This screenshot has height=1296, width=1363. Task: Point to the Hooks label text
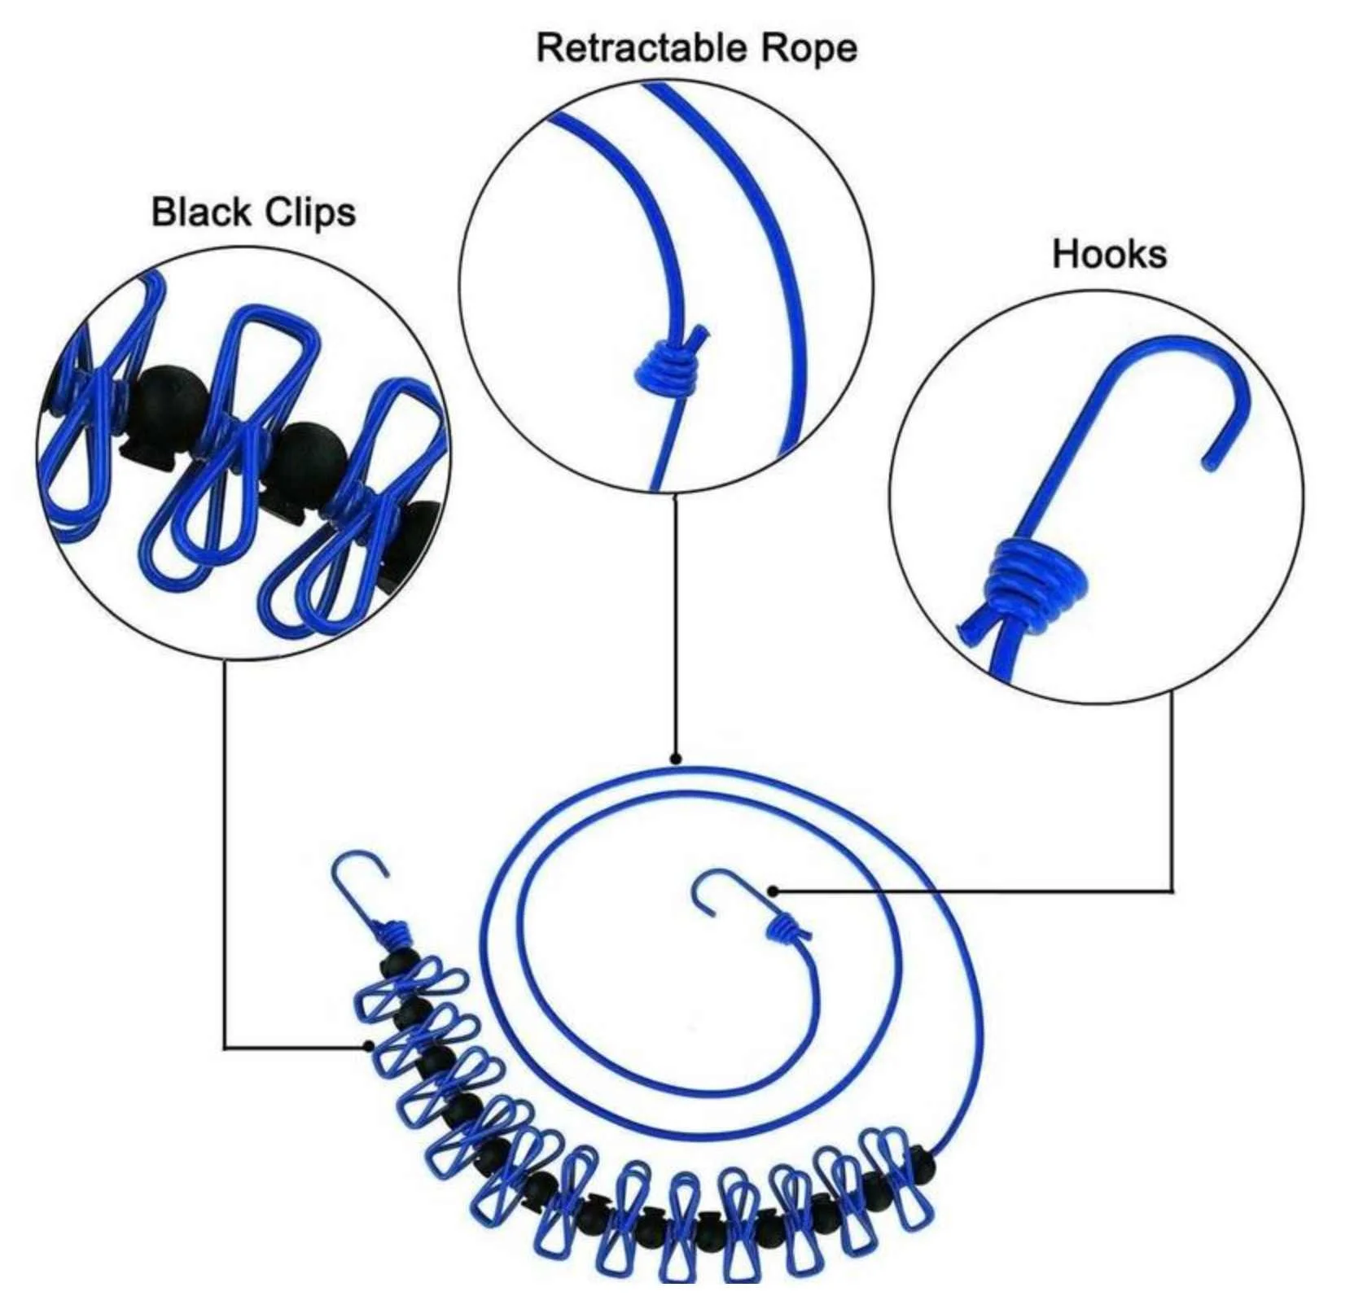click(1109, 254)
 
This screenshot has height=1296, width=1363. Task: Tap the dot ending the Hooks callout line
click(773, 891)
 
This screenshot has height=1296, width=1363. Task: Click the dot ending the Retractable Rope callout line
click(675, 759)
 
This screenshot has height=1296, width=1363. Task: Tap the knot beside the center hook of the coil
click(787, 928)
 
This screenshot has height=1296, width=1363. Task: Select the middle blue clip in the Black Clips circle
click(228, 456)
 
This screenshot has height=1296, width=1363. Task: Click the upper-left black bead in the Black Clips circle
click(167, 399)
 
